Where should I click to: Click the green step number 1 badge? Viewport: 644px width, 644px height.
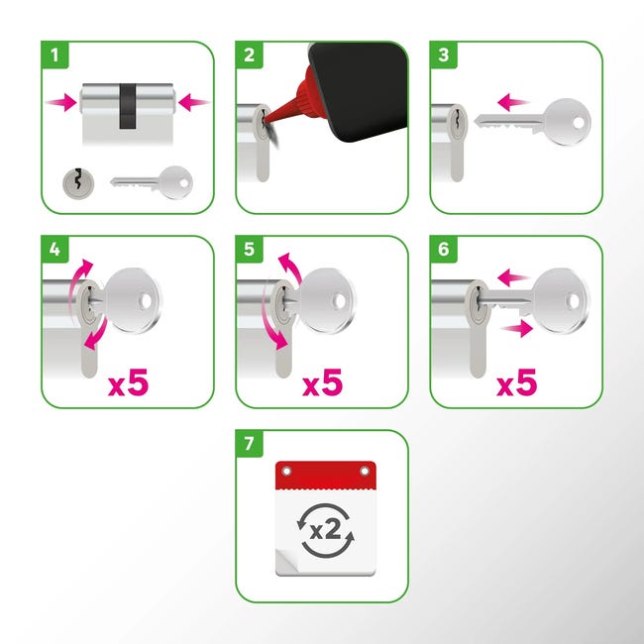pyautogui.click(x=54, y=55)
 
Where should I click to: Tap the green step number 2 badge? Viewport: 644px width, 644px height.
pyautogui.click(x=249, y=55)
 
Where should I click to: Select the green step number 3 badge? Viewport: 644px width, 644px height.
pyautogui.click(x=443, y=55)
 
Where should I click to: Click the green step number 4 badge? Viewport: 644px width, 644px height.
pyautogui.click(x=54, y=250)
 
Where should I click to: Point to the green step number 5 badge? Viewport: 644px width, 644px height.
pyautogui.click(x=249, y=250)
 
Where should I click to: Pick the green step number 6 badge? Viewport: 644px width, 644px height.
pyautogui.click(x=443, y=250)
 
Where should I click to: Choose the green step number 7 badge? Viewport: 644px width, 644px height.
pyautogui.click(x=249, y=444)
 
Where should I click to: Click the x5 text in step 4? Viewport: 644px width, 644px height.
pyautogui.click(x=128, y=382)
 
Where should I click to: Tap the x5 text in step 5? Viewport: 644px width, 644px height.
pyautogui.click(x=322, y=382)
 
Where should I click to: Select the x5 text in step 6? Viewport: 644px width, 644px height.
pyautogui.click(x=516, y=382)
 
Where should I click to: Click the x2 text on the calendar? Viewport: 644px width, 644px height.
pyautogui.click(x=325, y=530)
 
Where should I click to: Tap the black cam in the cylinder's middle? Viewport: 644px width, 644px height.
pyautogui.click(x=128, y=106)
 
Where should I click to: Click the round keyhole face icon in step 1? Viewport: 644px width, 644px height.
pyautogui.click(x=78, y=183)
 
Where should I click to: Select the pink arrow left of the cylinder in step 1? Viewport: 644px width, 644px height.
pyautogui.click(x=61, y=102)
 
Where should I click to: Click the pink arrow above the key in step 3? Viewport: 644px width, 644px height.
pyautogui.click(x=512, y=102)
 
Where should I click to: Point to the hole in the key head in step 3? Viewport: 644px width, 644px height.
pyautogui.click(x=579, y=123)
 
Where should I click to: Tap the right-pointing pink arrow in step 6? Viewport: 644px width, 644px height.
pyautogui.click(x=516, y=329)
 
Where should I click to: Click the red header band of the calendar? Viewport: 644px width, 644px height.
pyautogui.click(x=325, y=476)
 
